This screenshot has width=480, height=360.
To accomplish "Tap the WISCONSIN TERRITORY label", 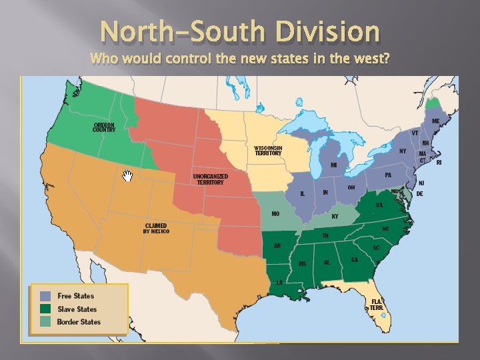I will [268, 151].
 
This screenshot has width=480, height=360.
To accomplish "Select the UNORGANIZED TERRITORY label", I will [210, 179].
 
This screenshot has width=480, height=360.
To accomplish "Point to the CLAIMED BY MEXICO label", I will [156, 228].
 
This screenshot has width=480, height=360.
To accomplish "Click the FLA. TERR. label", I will [377, 303].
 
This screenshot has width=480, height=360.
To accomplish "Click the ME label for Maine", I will [435, 121].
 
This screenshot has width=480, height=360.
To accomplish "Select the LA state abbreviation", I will [280, 282].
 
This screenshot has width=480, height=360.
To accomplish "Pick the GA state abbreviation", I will [354, 259].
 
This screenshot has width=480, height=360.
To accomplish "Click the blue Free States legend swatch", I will [45, 295].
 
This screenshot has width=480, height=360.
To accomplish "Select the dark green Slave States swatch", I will [45, 309].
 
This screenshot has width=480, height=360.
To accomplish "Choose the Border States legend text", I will [79, 322].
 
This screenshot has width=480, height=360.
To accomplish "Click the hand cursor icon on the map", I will [127, 176].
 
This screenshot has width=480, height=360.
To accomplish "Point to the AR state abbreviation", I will [277, 245].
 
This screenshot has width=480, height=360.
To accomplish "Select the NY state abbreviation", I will [403, 151].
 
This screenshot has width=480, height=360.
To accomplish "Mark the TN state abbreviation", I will [325, 235].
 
